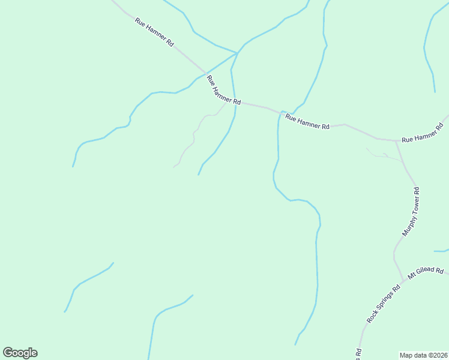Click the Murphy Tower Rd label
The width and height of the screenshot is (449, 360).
point(411,212)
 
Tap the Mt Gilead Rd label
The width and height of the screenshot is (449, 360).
point(426,273)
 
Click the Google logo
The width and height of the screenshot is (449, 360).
point(20,353)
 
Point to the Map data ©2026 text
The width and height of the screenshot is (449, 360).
point(424,355)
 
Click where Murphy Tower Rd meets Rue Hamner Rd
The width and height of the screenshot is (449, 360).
point(396,142)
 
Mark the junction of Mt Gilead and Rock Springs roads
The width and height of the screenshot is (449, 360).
point(402,281)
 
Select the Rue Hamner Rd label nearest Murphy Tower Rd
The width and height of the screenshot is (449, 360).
point(422,133)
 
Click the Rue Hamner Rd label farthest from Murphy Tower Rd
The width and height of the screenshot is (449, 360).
point(154,32)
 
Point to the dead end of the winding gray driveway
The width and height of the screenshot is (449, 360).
point(174,166)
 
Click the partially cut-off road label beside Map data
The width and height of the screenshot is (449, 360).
point(358,353)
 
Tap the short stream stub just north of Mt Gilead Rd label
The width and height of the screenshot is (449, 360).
point(441,250)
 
